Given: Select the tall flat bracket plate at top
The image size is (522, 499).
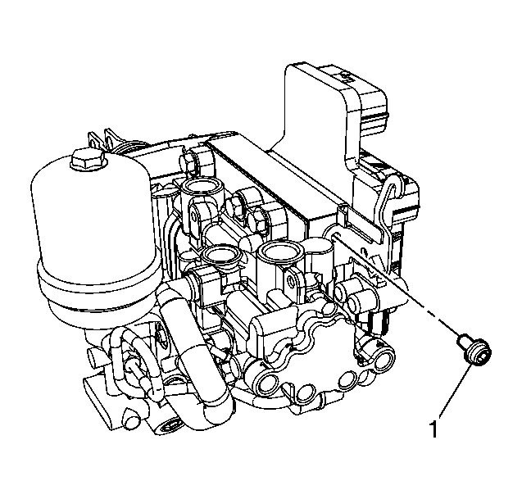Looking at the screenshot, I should (315, 107).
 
